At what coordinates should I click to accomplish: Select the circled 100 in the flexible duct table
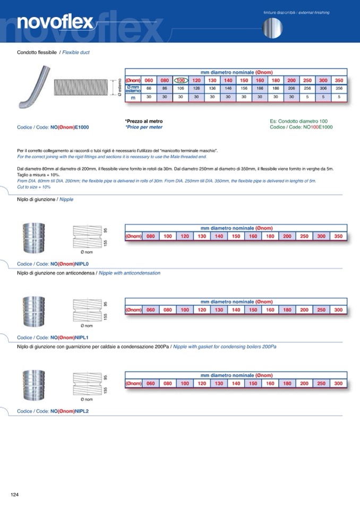(181, 80)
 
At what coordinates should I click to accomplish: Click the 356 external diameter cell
(339, 88)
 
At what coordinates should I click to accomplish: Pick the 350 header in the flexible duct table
(339, 80)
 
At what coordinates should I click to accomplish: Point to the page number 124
(15, 495)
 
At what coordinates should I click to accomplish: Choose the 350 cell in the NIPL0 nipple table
(338, 236)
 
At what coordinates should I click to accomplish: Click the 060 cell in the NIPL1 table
(150, 310)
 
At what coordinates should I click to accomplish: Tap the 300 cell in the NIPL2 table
(338, 383)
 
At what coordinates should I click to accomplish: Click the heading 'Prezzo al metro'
(144, 122)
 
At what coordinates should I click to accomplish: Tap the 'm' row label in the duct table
(133, 97)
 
